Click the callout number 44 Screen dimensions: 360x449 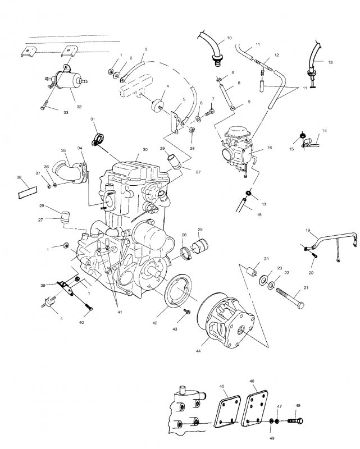point(198,351)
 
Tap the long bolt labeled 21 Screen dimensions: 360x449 point(290,299)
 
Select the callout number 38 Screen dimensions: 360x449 point(19,177)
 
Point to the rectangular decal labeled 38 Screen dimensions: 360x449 point(28,192)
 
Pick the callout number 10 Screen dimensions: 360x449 point(229,38)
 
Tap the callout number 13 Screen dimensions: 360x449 point(330,62)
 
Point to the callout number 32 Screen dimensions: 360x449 point(79,107)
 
